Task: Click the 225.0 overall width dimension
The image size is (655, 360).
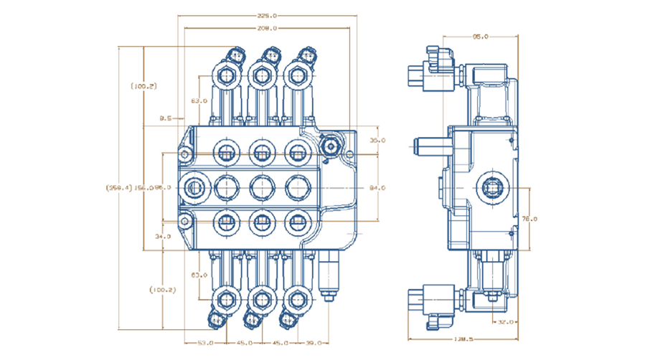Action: click(266, 15)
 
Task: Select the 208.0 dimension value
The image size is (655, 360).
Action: click(266, 29)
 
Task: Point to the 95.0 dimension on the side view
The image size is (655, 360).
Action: click(480, 36)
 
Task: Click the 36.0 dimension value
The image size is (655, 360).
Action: click(377, 141)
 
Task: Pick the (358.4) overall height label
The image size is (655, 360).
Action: click(118, 188)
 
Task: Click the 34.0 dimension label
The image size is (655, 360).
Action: click(162, 236)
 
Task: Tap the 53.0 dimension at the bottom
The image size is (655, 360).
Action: click(206, 343)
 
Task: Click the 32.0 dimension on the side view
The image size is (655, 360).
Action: click(506, 322)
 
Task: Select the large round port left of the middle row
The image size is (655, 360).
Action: click(194, 188)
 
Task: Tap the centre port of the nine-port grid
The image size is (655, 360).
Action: click(260, 188)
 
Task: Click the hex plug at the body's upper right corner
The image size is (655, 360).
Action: click(331, 146)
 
